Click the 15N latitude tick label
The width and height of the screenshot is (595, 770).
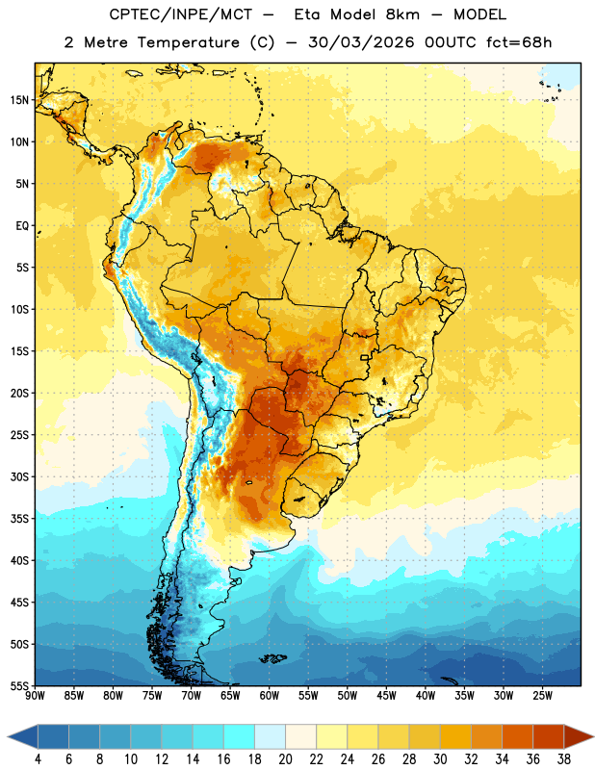point(19,100)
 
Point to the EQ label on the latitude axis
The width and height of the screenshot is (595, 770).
point(22,226)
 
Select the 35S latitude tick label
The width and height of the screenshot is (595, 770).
point(19,519)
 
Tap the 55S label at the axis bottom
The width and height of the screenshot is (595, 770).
point(19,686)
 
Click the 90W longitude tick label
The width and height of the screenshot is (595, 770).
point(35,696)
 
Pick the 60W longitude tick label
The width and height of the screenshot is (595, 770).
point(270,696)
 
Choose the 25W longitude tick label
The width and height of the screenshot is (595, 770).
point(542,696)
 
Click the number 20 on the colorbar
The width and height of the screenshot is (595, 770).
point(285,759)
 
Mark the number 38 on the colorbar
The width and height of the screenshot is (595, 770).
point(564,759)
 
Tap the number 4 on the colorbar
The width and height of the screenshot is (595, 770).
point(38,759)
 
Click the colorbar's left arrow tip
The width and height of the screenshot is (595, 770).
point(8,736)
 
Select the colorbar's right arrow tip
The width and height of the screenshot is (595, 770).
point(594,736)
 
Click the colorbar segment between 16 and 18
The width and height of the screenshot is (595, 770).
point(239,736)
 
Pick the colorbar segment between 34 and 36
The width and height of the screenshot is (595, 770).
point(517,736)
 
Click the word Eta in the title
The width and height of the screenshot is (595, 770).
point(306,14)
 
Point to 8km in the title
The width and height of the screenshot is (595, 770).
point(402,14)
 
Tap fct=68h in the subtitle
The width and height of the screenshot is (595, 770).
point(519,42)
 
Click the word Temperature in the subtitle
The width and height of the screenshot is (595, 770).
point(188,42)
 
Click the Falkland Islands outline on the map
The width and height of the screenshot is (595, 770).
point(273,658)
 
